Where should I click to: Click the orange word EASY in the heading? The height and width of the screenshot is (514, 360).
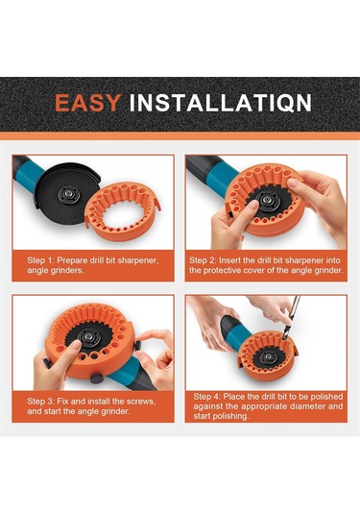[x=87, y=103]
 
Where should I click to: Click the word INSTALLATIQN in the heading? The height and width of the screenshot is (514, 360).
[x=220, y=103]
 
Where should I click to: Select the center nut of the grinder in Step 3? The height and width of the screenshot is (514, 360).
[x=87, y=335]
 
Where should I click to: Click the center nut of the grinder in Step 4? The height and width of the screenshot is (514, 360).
[x=269, y=356]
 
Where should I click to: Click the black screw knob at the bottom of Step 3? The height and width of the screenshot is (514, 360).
[x=97, y=379]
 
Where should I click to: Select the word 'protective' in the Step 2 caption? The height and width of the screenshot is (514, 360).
[x=222, y=270]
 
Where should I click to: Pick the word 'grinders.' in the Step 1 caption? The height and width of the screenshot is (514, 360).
[x=67, y=270]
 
